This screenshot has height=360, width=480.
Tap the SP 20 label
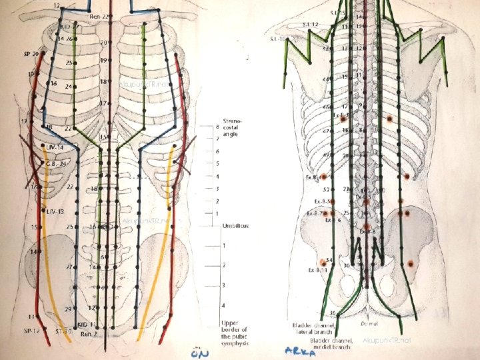coord(31,53)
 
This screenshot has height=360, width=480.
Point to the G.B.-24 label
coord(55,163)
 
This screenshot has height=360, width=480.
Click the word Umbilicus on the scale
coord(236,226)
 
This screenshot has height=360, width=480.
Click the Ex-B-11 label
coord(317,271)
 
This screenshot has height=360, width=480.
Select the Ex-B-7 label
coord(314,213)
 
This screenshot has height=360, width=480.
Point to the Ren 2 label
coord(89,333)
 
